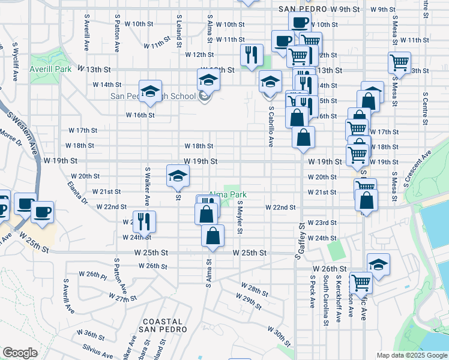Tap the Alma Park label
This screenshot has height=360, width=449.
228,195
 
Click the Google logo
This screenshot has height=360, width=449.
20,353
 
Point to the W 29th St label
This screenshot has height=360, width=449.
249,301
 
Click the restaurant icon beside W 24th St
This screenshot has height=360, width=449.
144,221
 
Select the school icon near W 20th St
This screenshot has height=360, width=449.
178,175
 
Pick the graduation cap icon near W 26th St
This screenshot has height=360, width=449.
378,263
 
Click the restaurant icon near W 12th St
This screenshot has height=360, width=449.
252,54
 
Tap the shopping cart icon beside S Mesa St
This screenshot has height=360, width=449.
399,62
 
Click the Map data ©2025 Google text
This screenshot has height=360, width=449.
411,355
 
